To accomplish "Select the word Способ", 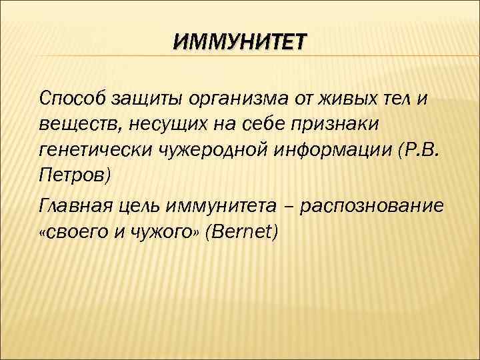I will point(69,100).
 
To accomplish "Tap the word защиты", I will point(141,100).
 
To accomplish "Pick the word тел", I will point(399,100).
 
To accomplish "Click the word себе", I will point(248,126).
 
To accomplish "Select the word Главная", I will point(77,206).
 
